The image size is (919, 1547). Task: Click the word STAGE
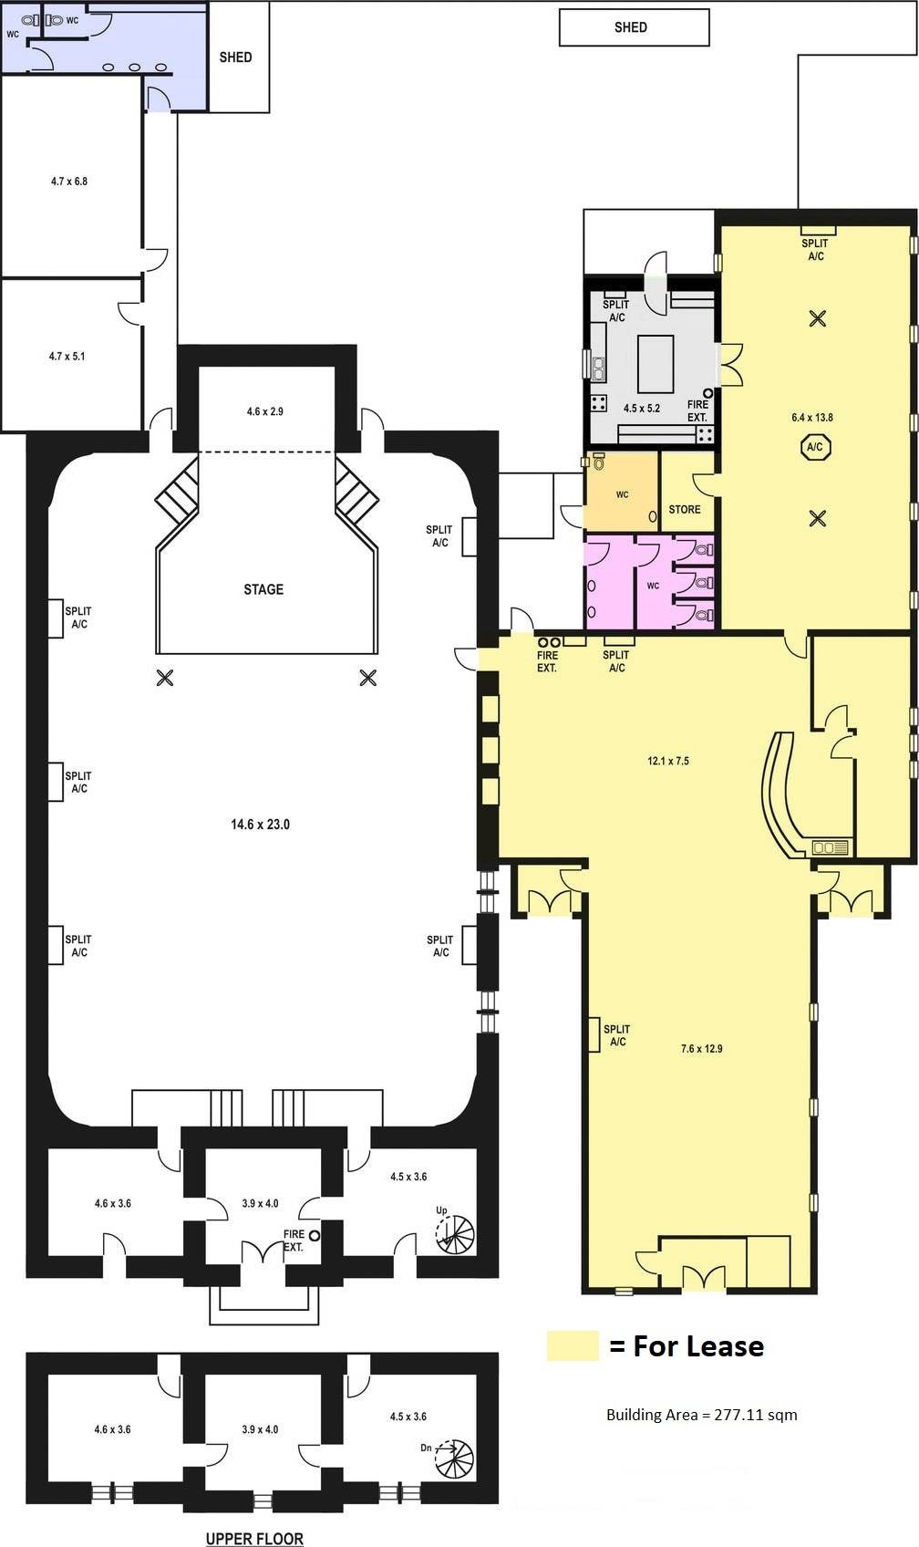[263, 589]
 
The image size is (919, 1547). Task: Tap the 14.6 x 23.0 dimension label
[261, 824]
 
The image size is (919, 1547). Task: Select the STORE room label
[685, 509]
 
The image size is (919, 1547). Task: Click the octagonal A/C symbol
[815, 447]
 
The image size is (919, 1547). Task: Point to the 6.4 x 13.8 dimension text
[812, 417]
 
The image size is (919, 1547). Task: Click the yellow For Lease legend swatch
[573, 1345]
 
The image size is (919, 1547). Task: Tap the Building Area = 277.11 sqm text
[701, 1415]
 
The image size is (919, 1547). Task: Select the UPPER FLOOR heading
[254, 1538]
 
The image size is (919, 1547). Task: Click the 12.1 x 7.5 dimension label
[668, 761]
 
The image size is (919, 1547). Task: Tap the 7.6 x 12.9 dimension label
[701, 1048]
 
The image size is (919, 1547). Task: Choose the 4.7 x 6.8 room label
[69, 181]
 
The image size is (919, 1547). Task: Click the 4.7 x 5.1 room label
[67, 357]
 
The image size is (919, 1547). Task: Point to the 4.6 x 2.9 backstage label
[265, 410]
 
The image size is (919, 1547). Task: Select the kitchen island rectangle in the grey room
[656, 363]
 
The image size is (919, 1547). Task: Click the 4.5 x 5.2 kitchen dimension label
[642, 408]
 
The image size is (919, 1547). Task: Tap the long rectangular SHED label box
[634, 27]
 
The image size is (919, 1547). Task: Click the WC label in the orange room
[622, 494]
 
